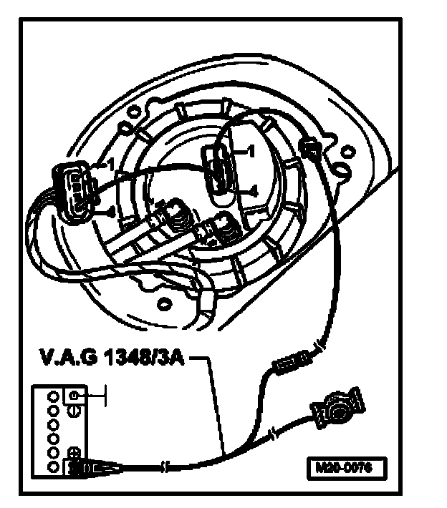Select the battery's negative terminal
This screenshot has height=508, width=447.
coord(76,396)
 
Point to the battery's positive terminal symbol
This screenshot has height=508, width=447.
coord(74,452)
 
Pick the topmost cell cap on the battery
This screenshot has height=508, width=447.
coord(52,395)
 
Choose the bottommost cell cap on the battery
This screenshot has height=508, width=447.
coord(52,467)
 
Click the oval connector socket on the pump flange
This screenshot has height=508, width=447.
coord(220,170)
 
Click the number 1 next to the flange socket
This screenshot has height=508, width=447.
coord(252,151)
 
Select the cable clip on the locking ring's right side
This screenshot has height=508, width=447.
coord(310,150)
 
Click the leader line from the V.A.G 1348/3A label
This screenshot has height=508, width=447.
coord(215,401)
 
